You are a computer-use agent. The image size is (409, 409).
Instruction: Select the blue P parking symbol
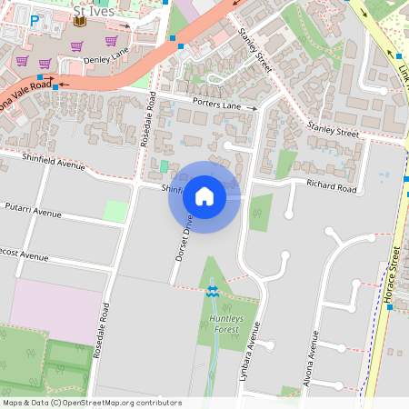tap(35, 20)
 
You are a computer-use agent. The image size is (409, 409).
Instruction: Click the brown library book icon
tap(79, 20)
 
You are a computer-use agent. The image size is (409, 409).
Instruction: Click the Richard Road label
tap(331, 187)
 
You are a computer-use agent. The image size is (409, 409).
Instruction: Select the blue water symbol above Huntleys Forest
tap(213, 291)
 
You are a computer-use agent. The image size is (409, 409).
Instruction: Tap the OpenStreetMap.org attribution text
tap(123, 402)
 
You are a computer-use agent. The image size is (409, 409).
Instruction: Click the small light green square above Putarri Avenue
tap(115, 211)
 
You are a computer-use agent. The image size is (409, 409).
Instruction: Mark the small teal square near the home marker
tap(164, 166)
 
